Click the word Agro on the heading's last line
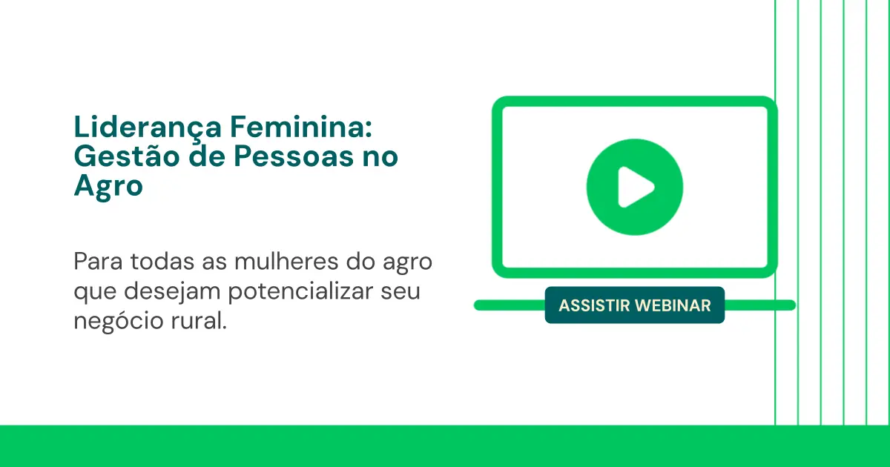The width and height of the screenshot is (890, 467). [108, 186]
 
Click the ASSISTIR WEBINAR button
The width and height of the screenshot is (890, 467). [635, 305]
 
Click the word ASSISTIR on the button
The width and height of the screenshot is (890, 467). [593, 305]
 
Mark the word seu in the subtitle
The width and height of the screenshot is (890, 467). [404, 291]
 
